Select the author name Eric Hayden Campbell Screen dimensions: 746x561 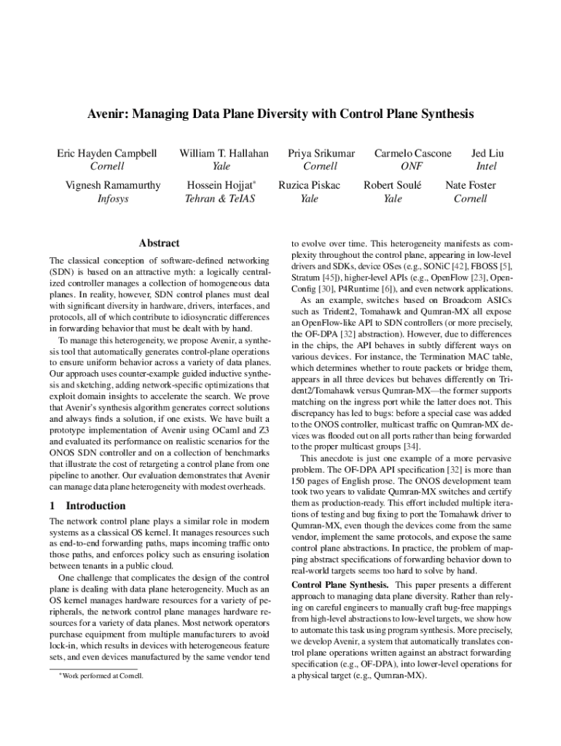pyautogui.click(x=107, y=154)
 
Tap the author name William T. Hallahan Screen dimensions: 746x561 pyautogui.click(x=224, y=154)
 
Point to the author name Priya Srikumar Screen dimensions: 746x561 pyautogui.click(x=321, y=154)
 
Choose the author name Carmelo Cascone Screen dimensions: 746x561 pyautogui.click(x=412, y=154)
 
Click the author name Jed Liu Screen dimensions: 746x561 pyautogui.click(x=487, y=154)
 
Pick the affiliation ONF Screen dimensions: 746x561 pyautogui.click(x=412, y=167)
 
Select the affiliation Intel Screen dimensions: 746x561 pyautogui.click(x=487, y=167)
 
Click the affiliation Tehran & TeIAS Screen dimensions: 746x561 pyautogui.click(x=219, y=198)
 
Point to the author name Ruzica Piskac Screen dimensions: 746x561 pyautogui.click(x=309, y=185)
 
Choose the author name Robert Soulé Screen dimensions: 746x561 pyautogui.click(x=393, y=185)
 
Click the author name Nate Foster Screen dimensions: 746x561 pyautogui.click(x=470, y=185)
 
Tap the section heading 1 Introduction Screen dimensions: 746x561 pyautogui.click(x=87, y=506)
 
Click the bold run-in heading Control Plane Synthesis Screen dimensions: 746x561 pyautogui.click(x=339, y=585)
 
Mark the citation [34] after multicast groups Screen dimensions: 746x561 pyautogui.click(x=411, y=446)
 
